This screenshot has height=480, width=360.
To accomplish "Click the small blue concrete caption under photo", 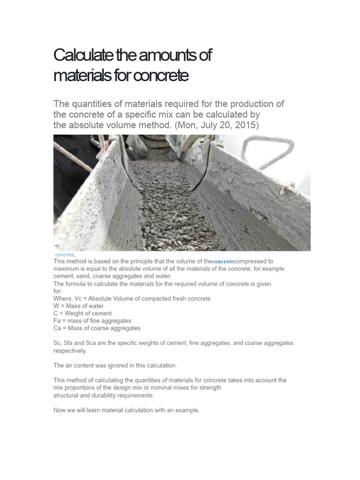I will pyautogui.click(x=64, y=255).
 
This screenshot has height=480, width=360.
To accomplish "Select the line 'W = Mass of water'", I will pyautogui.click(x=78, y=306).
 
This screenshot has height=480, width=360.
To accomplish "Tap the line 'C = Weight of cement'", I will pyautogui.click(x=82, y=314).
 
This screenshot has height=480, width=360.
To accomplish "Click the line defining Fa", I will pyautogui.click(x=92, y=321).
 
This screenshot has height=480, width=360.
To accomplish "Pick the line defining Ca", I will pyautogui.click(x=97, y=329).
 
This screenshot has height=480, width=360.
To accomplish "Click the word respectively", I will pyautogui.click(x=70, y=351).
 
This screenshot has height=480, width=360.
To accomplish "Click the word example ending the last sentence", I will pyautogui.click(x=187, y=410).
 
